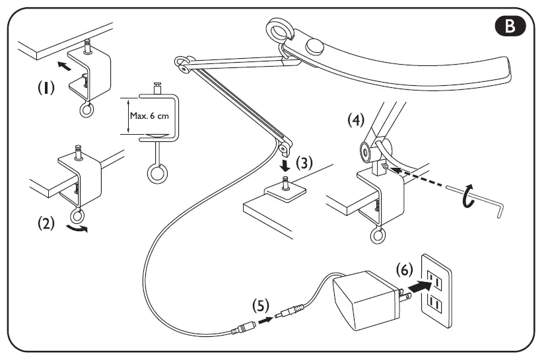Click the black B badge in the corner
(510, 26)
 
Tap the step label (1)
(46, 87)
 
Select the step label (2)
(46, 223)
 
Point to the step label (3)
(304, 162)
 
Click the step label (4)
(356, 120)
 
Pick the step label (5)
(261, 306)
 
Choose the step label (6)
(405, 270)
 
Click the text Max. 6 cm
(149, 116)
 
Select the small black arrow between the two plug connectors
(265, 320)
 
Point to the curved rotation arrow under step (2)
(77, 229)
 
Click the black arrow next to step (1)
(64, 65)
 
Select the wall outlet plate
(436, 291)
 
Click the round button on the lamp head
(315, 46)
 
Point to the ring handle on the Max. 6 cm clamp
(157, 174)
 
